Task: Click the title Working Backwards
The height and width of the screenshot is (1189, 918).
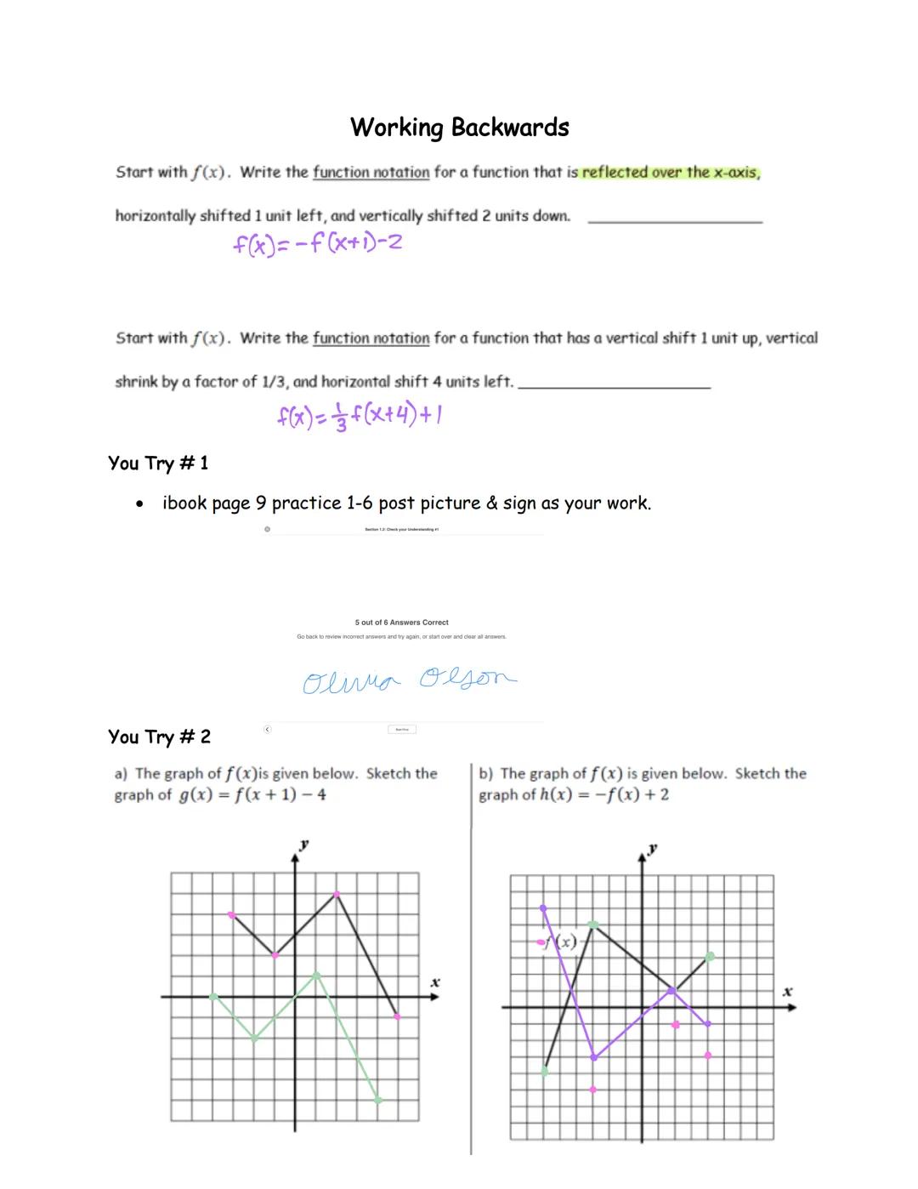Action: tap(460, 128)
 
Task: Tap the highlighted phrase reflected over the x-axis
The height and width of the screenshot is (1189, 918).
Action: tap(670, 173)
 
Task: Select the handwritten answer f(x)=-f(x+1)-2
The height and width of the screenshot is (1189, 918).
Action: tap(317, 244)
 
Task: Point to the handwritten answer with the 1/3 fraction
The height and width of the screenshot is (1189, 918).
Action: tap(359, 416)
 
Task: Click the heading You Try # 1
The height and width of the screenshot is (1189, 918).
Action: tap(158, 464)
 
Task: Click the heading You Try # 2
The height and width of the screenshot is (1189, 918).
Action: tap(159, 737)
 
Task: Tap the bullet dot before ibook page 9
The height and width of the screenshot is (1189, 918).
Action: tap(139, 504)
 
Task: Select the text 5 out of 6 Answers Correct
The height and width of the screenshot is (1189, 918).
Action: tap(401, 623)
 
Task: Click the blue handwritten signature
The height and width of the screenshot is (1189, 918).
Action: tap(408, 680)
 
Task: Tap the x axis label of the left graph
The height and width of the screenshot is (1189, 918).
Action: tap(434, 982)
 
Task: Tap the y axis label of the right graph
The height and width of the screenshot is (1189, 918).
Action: tap(652, 849)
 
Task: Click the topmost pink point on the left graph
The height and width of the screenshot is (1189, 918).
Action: tap(337, 894)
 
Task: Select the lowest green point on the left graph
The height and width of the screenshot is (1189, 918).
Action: tap(378, 1100)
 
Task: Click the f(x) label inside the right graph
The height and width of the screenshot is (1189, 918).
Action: tap(561, 942)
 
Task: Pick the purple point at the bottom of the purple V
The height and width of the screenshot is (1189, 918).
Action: tap(593, 1057)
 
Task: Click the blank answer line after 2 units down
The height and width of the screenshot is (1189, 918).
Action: tap(675, 221)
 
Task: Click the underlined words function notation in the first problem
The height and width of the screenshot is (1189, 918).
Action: tap(371, 173)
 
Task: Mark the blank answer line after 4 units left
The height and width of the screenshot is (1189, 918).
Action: tap(614, 387)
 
